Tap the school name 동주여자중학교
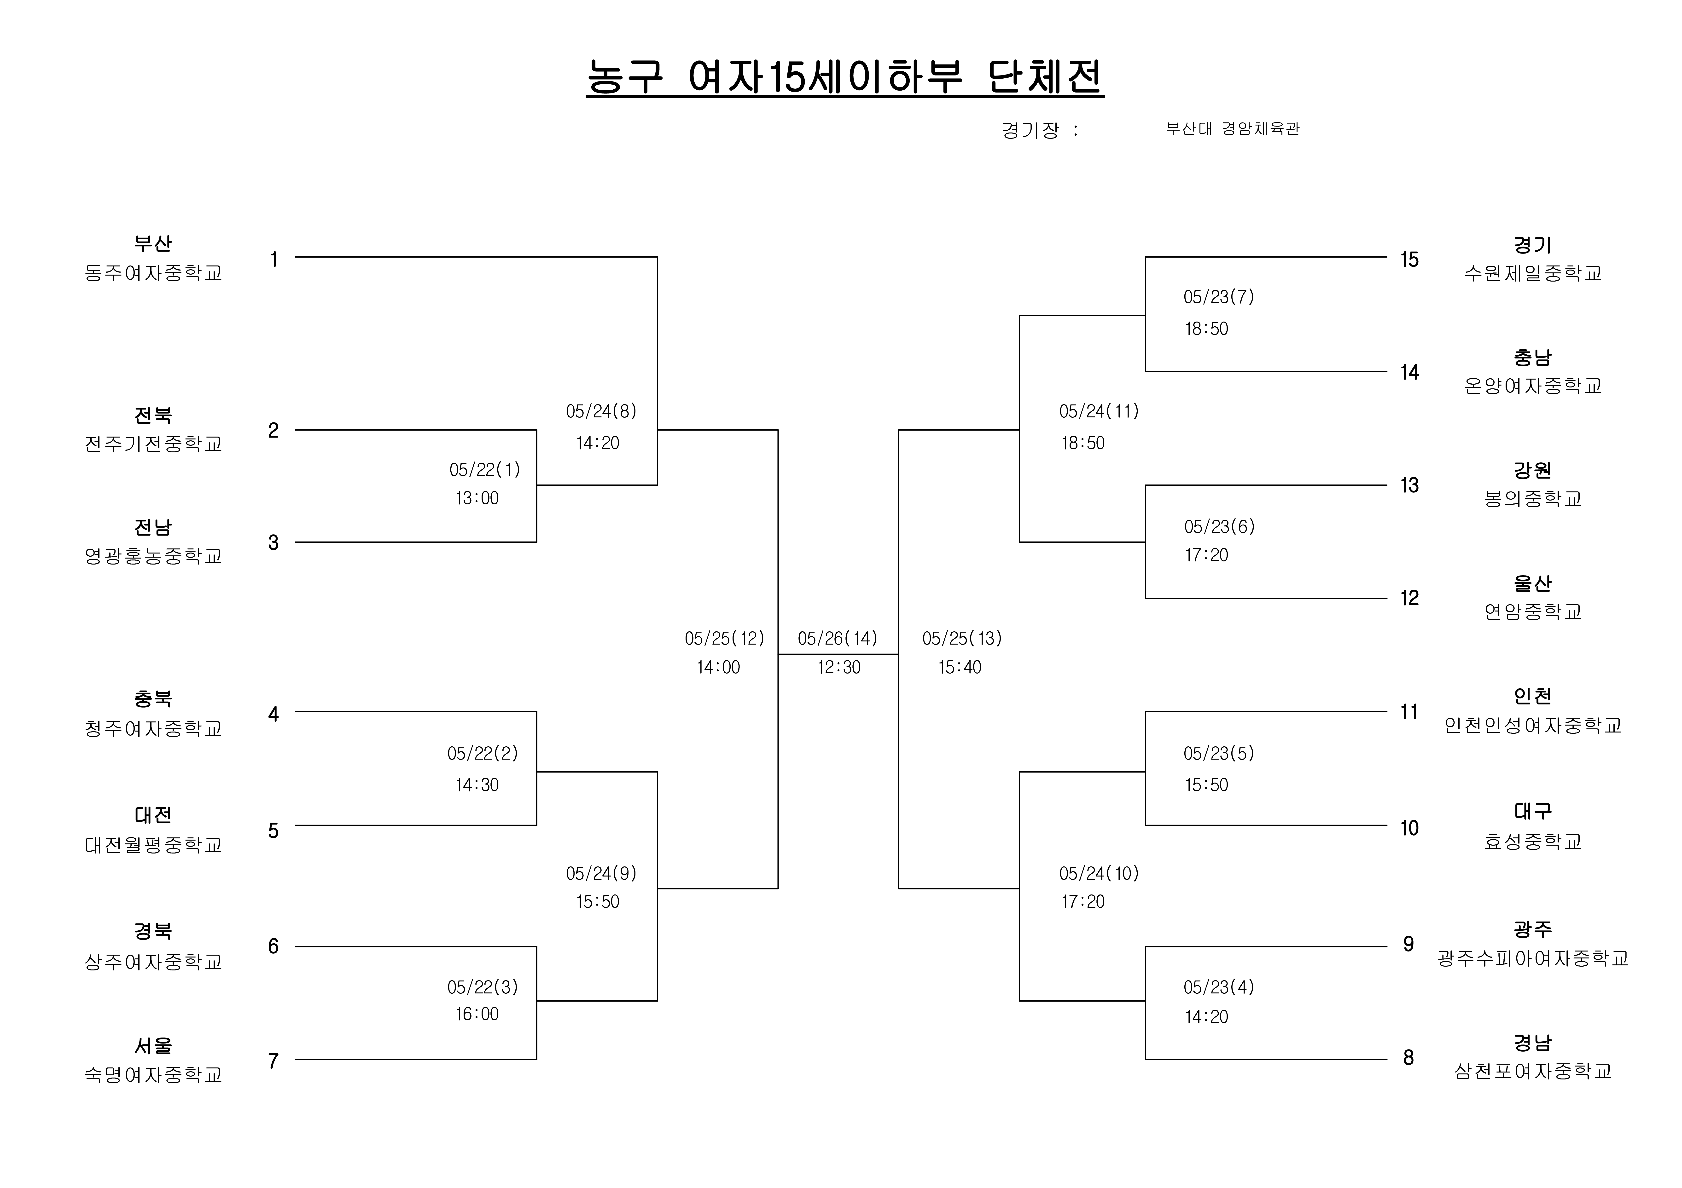tap(153, 273)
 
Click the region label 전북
tap(153, 415)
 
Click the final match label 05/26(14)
tap(837, 639)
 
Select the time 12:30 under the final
tap(839, 667)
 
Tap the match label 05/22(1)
tap(484, 469)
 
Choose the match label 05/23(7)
tap(1218, 297)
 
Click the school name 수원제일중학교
tap(1533, 273)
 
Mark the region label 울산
tap(1533, 583)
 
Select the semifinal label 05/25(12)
tap(724, 639)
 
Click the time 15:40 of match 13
tap(960, 667)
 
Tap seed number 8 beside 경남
tap(1408, 1058)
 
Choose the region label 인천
tap(1533, 696)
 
